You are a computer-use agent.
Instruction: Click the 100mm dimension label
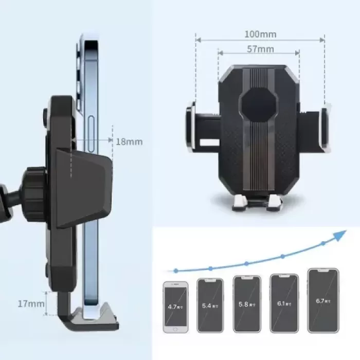pos(260,34)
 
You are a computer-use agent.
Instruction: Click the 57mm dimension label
pos(260,50)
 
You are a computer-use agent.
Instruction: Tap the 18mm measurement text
pos(129,141)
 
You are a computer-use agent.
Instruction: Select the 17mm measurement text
pos(31,303)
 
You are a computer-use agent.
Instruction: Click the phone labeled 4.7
pos(176,307)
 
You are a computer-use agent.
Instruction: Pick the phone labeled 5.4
pos(210,305)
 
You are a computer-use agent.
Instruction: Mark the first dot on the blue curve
pos(176,270)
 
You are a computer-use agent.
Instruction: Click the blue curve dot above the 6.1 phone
pos(282,256)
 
